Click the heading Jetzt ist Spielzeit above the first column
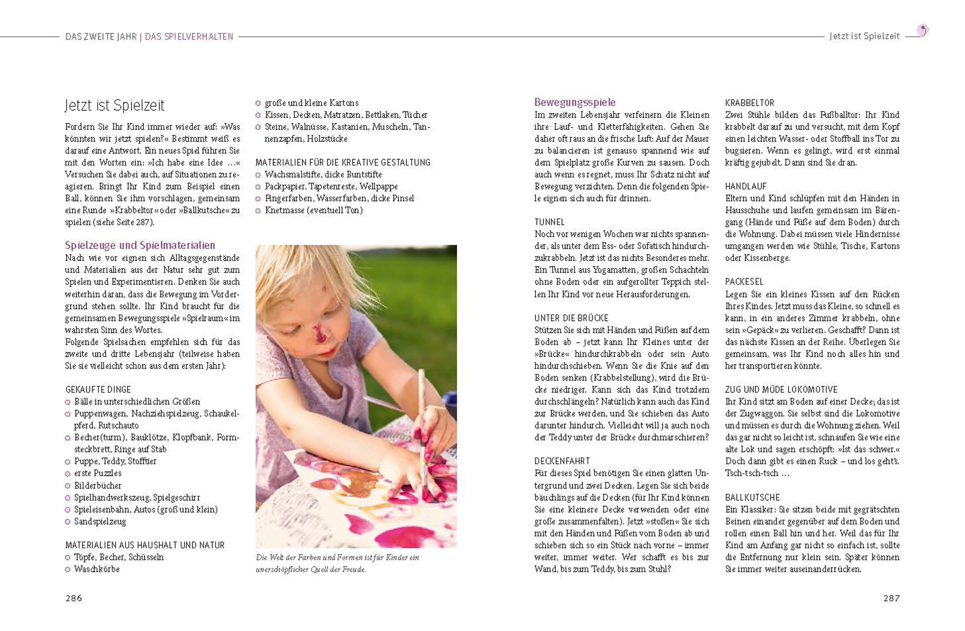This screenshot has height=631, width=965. [114, 106]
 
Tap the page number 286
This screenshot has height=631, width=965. [74, 598]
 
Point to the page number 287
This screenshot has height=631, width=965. [891, 598]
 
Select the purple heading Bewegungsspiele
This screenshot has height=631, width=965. [575, 102]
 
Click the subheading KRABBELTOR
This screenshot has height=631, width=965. [749, 103]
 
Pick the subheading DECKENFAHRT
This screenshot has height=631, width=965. [562, 461]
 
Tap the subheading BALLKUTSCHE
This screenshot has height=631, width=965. [753, 497]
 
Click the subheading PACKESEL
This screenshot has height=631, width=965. [744, 282]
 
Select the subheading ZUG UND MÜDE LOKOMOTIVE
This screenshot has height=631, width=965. [781, 389]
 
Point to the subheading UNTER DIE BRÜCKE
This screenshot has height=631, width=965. [571, 318]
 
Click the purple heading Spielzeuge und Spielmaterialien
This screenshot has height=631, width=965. [140, 246]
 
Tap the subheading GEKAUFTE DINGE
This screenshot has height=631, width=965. [98, 389]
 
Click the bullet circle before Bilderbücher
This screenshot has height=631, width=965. [68, 486]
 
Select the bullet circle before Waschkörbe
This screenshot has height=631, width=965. [68, 570]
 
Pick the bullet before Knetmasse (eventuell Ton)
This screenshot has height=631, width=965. [258, 211]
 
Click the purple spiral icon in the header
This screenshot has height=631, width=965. [923, 30]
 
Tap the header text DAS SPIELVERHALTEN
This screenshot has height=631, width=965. [189, 37]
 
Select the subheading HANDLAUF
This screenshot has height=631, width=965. [746, 186]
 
